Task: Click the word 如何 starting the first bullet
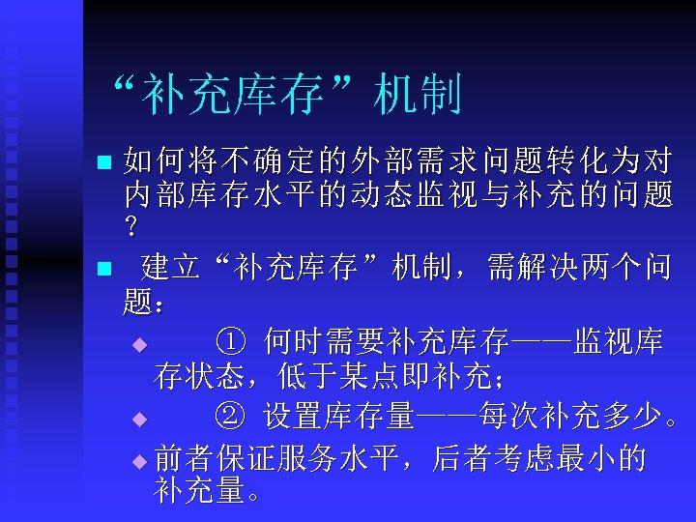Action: pyautogui.click(x=149, y=160)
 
